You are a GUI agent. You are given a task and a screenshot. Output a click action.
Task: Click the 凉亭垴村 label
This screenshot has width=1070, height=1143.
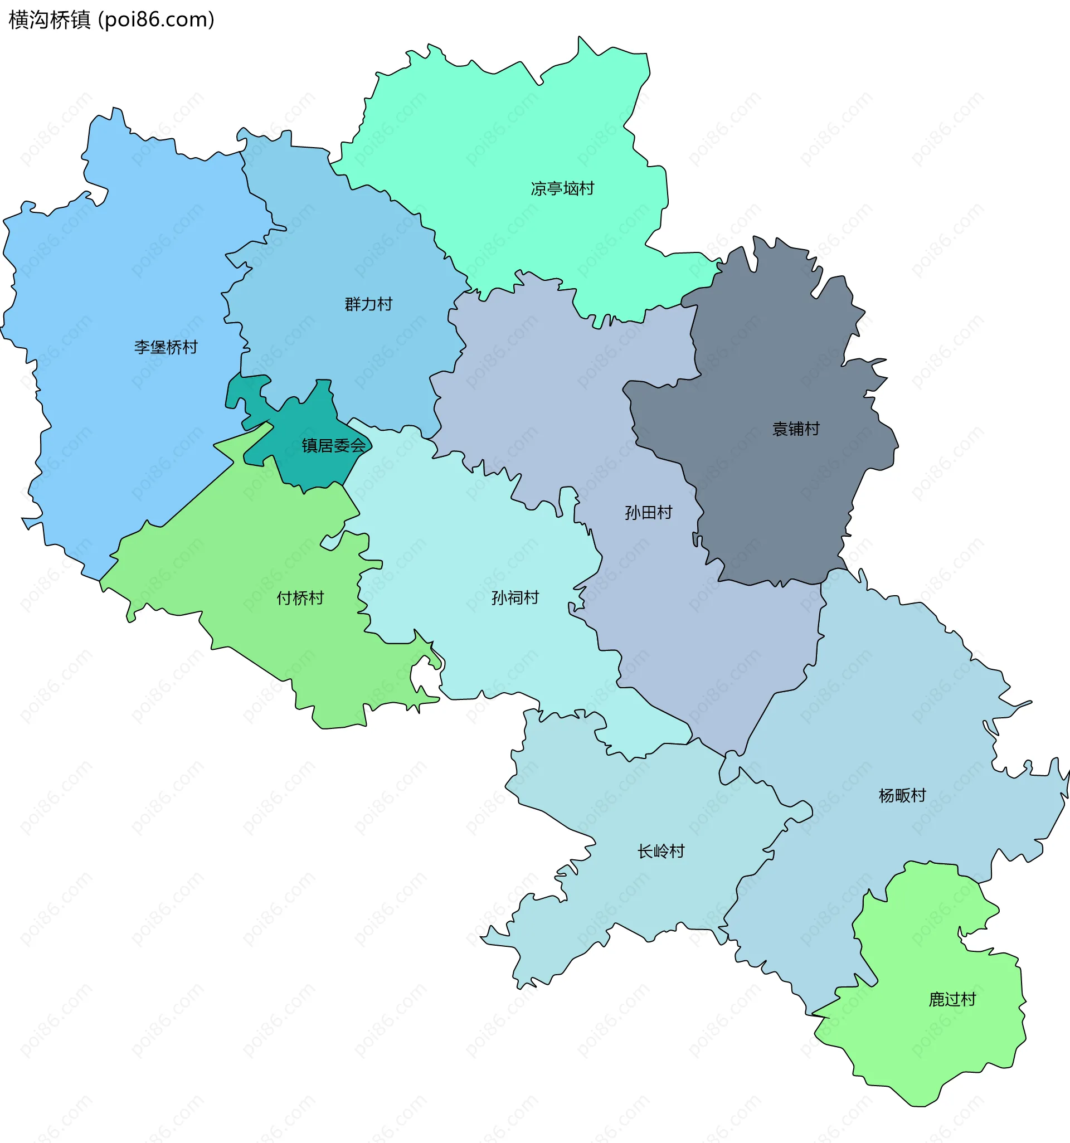pyautogui.click(x=562, y=188)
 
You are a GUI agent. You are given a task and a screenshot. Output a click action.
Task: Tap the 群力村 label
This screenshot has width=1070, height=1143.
pyautogui.click(x=368, y=304)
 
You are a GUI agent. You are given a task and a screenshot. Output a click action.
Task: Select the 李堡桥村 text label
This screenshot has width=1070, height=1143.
pyautogui.click(x=166, y=347)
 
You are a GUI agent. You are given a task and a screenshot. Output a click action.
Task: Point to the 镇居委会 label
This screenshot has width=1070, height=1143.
pyautogui.click(x=333, y=446)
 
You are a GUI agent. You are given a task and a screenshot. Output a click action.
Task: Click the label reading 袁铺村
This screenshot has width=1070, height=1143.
pyautogui.click(x=795, y=429)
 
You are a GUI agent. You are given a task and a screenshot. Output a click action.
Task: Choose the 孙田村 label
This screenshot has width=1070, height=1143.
pyautogui.click(x=648, y=512)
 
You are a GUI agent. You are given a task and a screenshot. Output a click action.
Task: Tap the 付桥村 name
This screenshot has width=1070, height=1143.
pyautogui.click(x=300, y=598)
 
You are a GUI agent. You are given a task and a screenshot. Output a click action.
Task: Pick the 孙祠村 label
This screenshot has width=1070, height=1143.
pyautogui.click(x=514, y=598)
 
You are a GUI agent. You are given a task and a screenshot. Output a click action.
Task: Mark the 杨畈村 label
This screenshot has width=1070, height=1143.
pyautogui.click(x=902, y=795)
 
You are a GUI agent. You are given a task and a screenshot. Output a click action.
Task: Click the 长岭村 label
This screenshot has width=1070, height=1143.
pyautogui.click(x=660, y=851)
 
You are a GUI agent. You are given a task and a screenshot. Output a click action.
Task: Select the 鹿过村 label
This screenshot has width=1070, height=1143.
pyautogui.click(x=952, y=999)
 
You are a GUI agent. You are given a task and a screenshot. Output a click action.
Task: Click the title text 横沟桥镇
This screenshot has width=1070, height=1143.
pyautogui.click(x=50, y=20)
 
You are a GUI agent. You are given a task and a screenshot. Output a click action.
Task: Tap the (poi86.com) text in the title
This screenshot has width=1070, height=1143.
pyautogui.click(x=157, y=20)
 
